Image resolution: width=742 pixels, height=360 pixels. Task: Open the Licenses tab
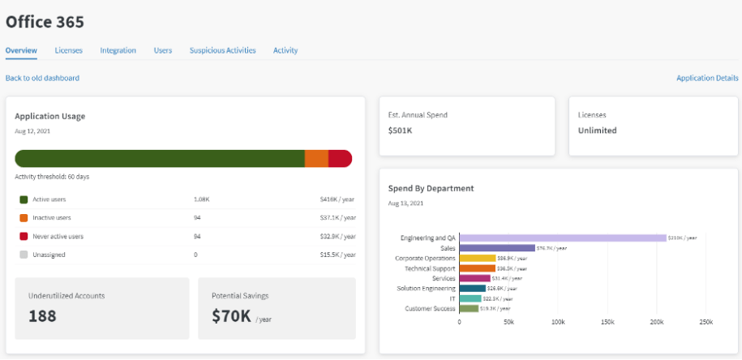click(x=68, y=50)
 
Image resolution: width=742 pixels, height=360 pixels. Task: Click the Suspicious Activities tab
click(x=222, y=50)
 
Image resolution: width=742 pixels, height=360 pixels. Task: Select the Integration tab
click(x=118, y=50)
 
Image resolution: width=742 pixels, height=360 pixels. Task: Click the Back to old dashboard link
click(x=42, y=78)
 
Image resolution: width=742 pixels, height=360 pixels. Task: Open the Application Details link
click(x=707, y=78)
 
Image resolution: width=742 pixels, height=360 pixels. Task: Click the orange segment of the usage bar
click(x=316, y=159)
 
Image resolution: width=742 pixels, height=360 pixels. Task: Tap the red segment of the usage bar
click(x=340, y=159)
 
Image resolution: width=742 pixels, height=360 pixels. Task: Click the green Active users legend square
click(x=24, y=199)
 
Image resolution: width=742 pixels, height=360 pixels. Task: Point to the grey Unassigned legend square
click(x=24, y=255)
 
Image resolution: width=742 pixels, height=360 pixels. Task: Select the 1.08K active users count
click(x=201, y=199)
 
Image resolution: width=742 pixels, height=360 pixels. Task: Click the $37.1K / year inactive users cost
click(x=337, y=217)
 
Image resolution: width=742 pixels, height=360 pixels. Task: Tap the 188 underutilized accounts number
click(x=42, y=315)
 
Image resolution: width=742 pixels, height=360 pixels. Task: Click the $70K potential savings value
click(x=231, y=315)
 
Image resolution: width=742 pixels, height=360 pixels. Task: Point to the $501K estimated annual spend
click(x=401, y=130)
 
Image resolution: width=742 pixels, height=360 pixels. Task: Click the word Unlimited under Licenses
click(x=597, y=130)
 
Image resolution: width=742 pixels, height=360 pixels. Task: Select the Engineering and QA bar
click(x=562, y=238)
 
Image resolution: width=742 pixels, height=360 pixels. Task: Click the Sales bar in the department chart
click(x=497, y=247)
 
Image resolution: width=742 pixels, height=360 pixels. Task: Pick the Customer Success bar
click(x=469, y=308)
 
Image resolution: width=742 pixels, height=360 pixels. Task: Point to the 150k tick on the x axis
click(x=607, y=322)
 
